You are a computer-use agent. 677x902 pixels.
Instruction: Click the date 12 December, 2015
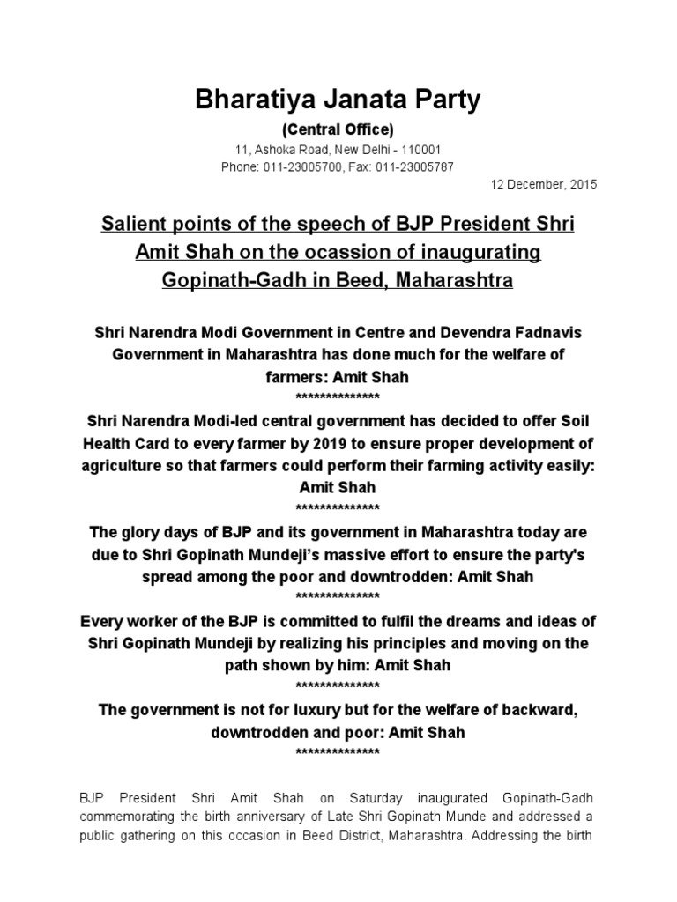[x=544, y=185]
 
